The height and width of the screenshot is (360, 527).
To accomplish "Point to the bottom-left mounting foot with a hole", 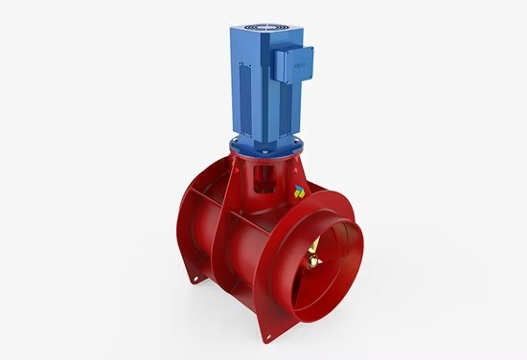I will pyautogui.click(x=195, y=278).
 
